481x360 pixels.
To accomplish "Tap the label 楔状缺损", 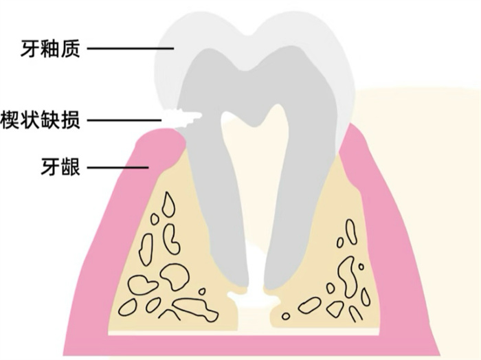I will point(41,121).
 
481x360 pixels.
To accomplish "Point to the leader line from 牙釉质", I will point(131,49).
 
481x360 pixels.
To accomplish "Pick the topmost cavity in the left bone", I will point(167,203).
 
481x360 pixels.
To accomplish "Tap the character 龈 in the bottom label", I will point(71,167).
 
